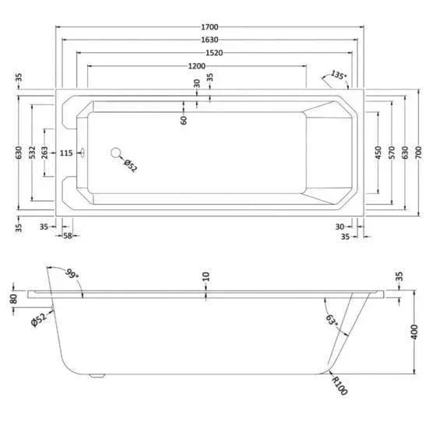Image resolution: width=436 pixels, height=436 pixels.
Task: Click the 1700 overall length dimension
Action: (209, 27)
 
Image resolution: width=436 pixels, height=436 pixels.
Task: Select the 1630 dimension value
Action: (209, 40)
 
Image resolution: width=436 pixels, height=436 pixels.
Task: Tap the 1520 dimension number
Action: (214, 53)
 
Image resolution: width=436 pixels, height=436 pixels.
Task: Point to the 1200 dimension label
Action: (197, 66)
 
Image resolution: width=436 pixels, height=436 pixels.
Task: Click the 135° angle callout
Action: (339, 75)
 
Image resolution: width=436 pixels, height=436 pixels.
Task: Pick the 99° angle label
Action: (72, 274)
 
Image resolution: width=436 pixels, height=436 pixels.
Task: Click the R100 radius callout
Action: (339, 385)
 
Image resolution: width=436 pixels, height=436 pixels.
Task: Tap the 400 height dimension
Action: (414, 332)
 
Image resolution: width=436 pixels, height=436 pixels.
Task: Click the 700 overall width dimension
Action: (418, 153)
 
